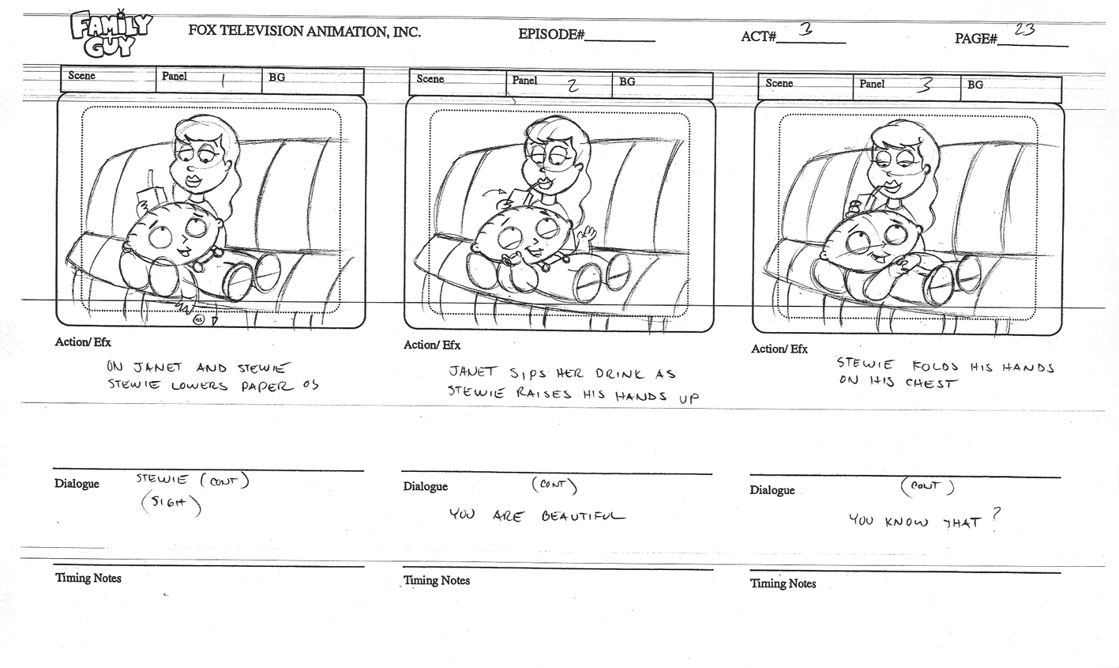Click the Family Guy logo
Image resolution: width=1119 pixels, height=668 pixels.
point(111,34)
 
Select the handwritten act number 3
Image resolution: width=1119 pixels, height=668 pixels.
point(805,29)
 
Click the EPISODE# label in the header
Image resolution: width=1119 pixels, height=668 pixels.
point(551,34)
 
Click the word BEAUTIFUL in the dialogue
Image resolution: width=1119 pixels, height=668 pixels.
point(583,516)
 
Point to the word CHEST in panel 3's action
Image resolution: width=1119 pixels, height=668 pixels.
point(932,383)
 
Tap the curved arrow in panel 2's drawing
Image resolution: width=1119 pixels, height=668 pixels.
point(494,193)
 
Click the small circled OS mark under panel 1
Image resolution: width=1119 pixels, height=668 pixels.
point(198,319)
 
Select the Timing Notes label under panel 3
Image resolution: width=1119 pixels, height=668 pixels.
point(783,583)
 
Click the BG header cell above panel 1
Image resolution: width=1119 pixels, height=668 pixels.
point(313,80)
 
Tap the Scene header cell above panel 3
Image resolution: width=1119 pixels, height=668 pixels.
point(805,86)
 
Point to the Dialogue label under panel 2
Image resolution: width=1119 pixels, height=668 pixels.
point(426,486)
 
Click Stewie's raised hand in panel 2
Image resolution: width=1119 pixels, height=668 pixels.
point(586,233)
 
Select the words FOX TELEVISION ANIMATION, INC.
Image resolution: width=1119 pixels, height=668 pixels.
point(304,31)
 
